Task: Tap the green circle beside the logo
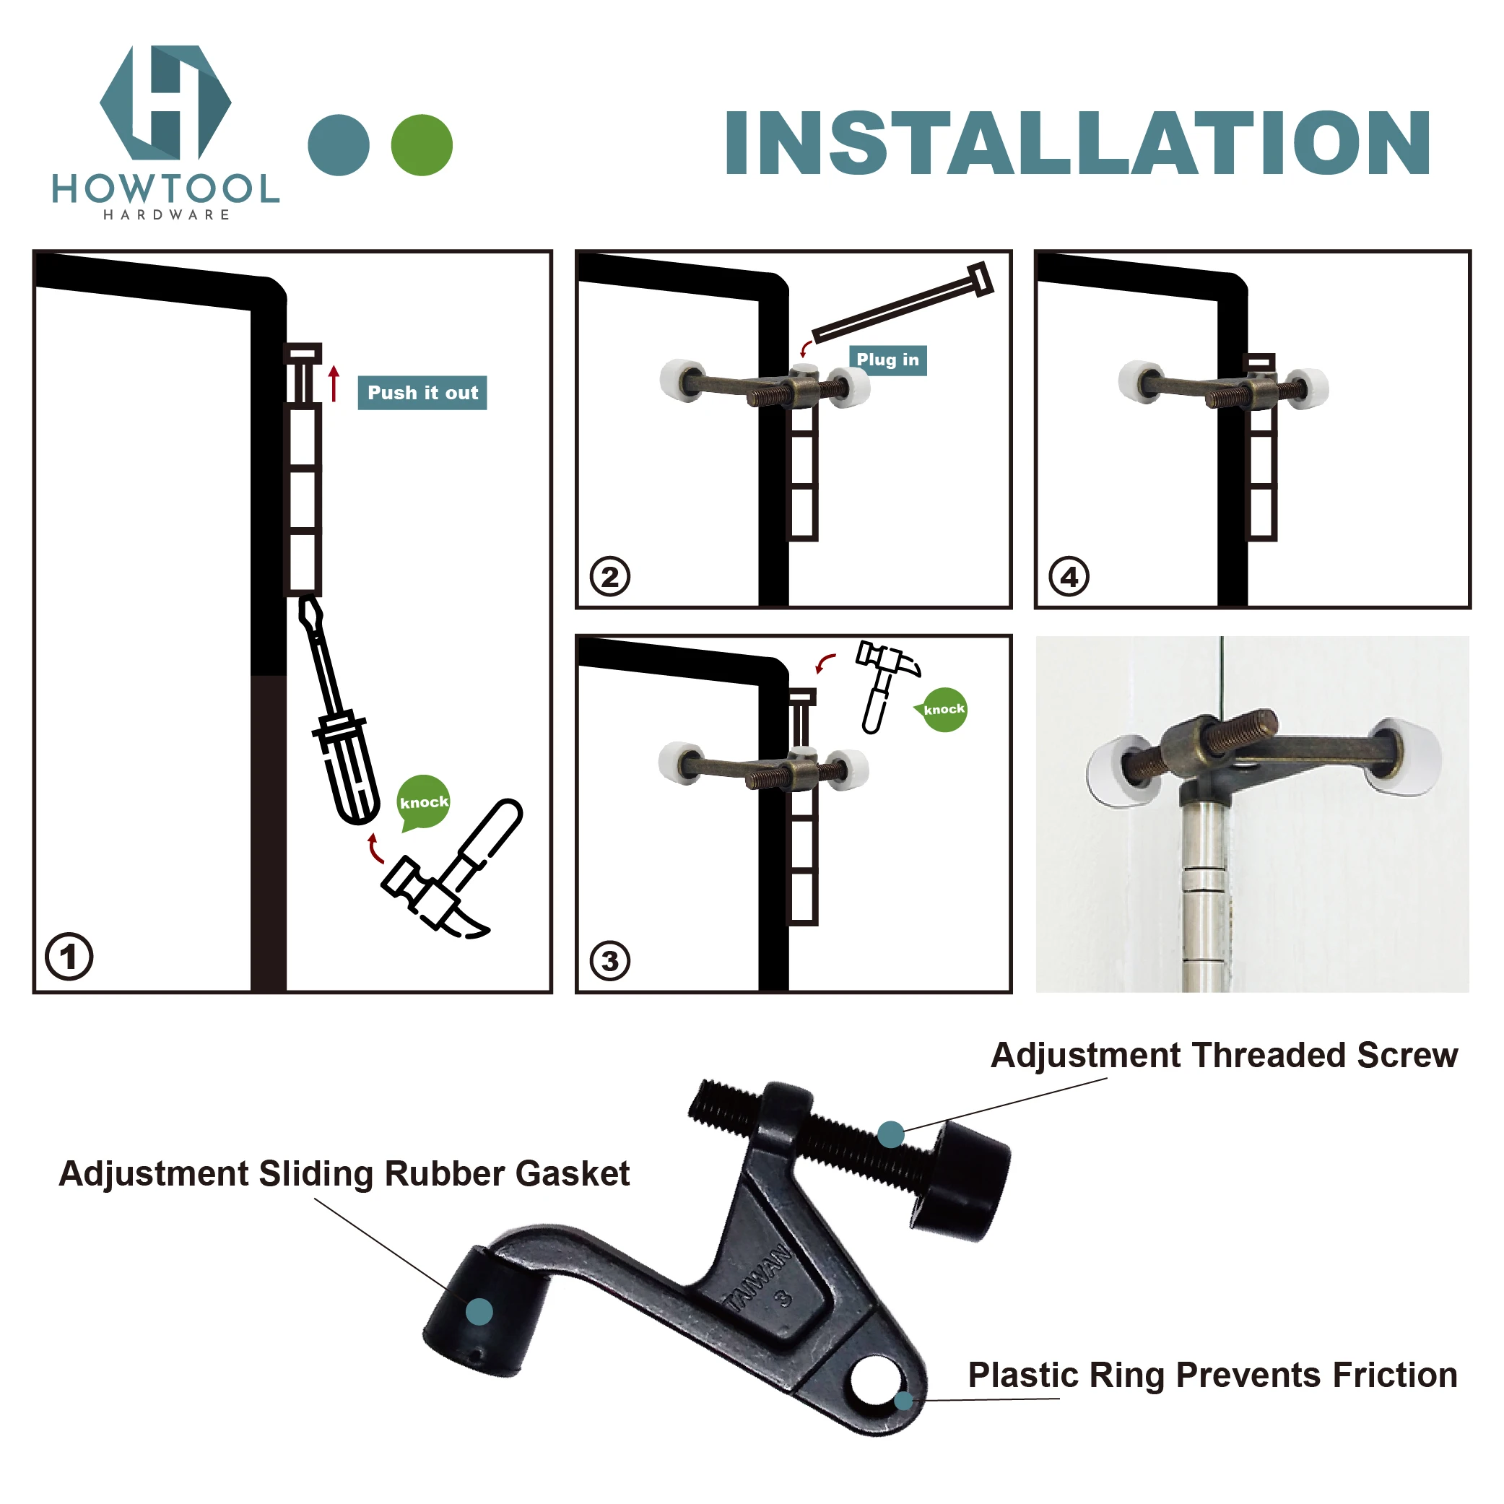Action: click(x=421, y=145)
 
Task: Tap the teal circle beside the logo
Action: click(x=339, y=145)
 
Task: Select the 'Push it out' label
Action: click(x=422, y=392)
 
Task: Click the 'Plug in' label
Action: click(x=887, y=360)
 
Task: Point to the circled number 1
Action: click(x=69, y=956)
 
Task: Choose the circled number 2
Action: click(x=609, y=577)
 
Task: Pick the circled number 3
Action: click(x=609, y=960)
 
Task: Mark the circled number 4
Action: click(x=1069, y=577)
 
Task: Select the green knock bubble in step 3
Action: click(x=944, y=709)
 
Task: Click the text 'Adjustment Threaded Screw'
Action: click(x=1224, y=1055)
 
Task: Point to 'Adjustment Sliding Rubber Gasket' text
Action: click(x=344, y=1173)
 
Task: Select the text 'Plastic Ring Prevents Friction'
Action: click(x=1212, y=1375)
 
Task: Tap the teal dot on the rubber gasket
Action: click(x=479, y=1312)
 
